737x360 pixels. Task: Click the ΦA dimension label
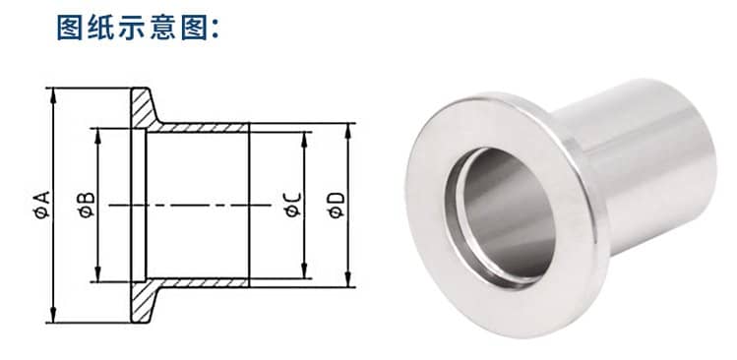click(42, 205)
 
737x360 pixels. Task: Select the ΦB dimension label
click(87, 205)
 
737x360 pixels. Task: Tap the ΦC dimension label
click(293, 205)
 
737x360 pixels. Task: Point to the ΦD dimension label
click(337, 206)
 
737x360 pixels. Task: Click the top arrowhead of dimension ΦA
click(53, 95)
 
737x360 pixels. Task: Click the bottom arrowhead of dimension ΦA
click(53, 315)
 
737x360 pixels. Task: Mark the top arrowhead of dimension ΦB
click(97, 136)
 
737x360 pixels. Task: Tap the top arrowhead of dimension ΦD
click(348, 131)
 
